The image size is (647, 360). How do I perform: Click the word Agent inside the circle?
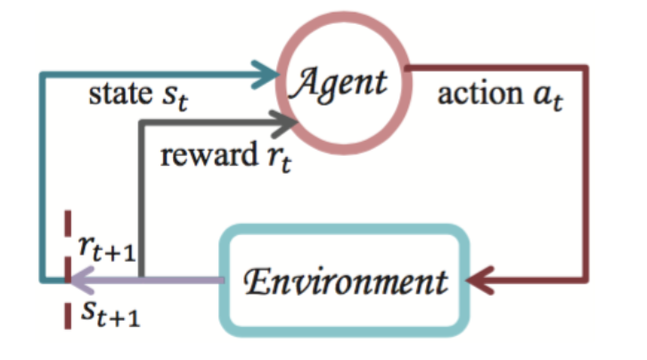coord(340,84)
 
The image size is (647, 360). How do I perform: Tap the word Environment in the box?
coord(346,282)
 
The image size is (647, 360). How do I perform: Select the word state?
coord(120,94)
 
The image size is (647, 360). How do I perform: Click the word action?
coord(480,94)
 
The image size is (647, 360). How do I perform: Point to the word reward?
coord(209,155)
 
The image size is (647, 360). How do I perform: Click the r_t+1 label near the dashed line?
coord(107,249)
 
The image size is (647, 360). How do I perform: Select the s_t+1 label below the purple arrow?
coord(111,315)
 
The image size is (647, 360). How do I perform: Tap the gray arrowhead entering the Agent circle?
coord(283,123)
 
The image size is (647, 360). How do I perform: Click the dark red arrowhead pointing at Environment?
coord(480,281)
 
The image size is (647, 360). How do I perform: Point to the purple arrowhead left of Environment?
coord(83,281)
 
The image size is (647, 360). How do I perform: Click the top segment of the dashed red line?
coord(68,224)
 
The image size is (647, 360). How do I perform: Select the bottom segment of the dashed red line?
coord(68,315)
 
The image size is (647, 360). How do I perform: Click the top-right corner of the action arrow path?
coord(586,68)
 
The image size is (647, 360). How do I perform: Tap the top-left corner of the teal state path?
coord(42,75)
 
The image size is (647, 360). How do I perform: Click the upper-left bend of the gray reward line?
coord(142,123)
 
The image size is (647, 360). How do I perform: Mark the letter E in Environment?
coord(257,282)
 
